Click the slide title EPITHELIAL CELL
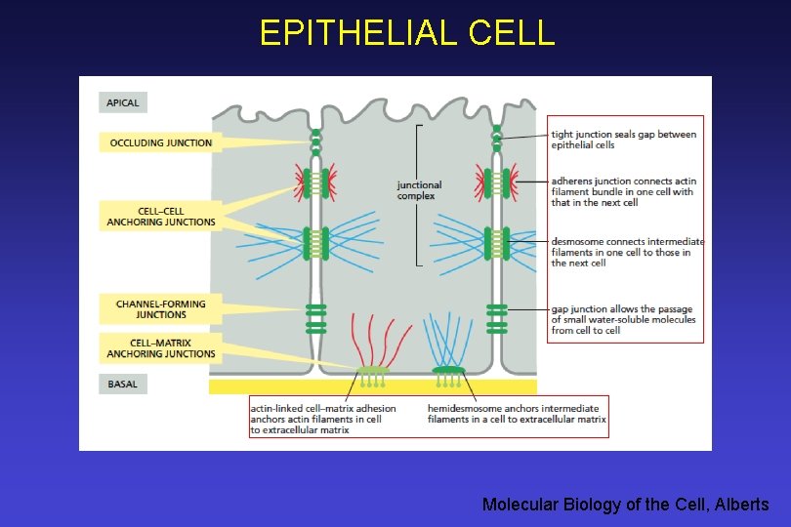406,33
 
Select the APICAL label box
123,102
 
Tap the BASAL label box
123,385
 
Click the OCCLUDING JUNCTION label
161,142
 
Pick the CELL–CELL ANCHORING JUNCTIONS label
161,217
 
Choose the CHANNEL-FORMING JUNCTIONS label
161,309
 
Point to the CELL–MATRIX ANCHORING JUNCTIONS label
161,347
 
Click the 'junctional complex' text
419,190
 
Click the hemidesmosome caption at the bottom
517,414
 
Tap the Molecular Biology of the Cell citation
625,505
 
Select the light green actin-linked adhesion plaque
373,371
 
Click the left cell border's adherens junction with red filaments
314,182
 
